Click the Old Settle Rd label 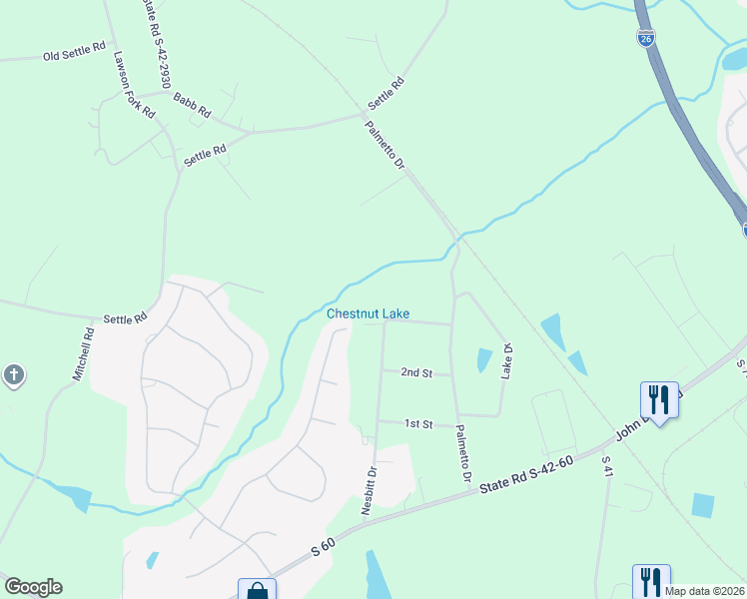click(x=74, y=52)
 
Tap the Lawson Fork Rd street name click(x=134, y=86)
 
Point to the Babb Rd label click(x=191, y=104)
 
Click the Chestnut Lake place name click(x=368, y=314)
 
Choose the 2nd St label click(x=416, y=372)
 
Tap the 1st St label click(x=417, y=424)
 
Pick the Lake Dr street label click(x=507, y=360)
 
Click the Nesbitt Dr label click(x=370, y=491)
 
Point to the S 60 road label click(x=322, y=547)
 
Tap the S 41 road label click(x=606, y=470)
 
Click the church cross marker click(x=13, y=376)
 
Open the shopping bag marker click(x=257, y=592)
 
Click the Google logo click(x=33, y=587)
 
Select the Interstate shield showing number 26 click(x=646, y=38)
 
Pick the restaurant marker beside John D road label click(x=658, y=399)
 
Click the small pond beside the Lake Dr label click(x=484, y=360)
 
